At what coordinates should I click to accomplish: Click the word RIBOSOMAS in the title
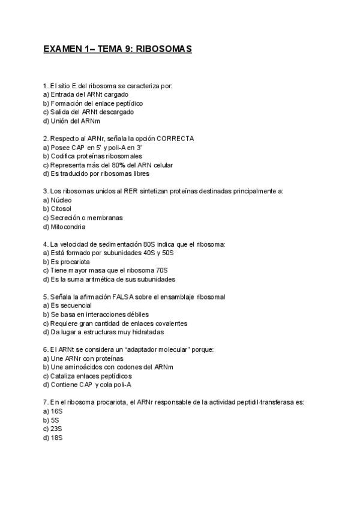[164, 49]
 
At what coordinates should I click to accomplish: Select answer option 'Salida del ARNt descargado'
[88, 112]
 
